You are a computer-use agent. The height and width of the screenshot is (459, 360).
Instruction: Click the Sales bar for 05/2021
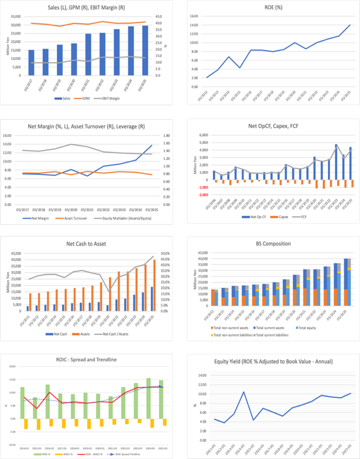click(x=88, y=54)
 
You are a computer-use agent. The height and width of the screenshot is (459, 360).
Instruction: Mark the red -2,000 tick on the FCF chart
click(x=203, y=195)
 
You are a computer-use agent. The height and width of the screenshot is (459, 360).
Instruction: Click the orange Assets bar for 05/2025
click(x=155, y=285)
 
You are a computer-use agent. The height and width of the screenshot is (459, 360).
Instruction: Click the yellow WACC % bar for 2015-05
click(x=39, y=424)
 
